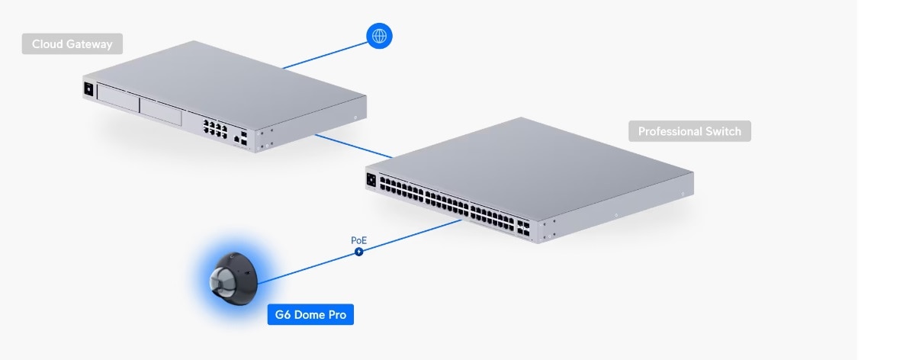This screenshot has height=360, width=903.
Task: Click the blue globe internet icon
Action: (379, 36)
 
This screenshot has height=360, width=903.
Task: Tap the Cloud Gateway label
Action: (72, 44)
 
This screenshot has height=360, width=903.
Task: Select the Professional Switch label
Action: (689, 131)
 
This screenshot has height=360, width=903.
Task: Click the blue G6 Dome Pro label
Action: (310, 314)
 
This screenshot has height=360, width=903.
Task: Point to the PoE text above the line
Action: (358, 239)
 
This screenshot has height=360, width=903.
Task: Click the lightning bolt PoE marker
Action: (358, 252)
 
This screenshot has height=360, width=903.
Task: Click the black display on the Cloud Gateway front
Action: (88, 88)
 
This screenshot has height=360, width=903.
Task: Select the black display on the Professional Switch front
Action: (372, 181)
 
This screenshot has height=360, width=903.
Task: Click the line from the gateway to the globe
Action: (324, 55)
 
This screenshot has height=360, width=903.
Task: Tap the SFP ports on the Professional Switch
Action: (523, 226)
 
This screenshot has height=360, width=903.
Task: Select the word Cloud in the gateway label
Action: (48, 44)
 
